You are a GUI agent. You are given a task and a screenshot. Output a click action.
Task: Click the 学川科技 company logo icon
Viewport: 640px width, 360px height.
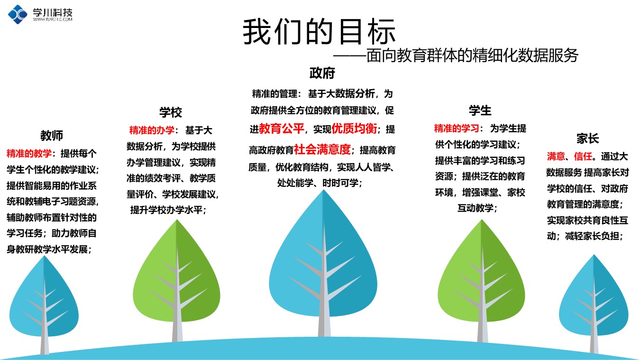[x=18, y=14]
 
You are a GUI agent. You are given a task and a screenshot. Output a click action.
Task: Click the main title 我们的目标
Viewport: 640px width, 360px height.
[x=319, y=31]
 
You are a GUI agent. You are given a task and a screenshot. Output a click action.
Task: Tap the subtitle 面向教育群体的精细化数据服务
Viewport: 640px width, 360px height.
[x=472, y=55]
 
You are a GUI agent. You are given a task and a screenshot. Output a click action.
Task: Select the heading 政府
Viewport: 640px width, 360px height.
[x=322, y=73]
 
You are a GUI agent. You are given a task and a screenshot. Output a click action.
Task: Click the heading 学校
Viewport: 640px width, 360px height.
[x=171, y=112]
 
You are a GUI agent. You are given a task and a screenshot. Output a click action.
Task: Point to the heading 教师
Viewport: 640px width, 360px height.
[x=52, y=136]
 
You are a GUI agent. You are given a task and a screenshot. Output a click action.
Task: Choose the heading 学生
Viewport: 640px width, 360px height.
[x=480, y=111]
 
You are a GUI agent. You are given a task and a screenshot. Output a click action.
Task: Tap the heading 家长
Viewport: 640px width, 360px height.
[x=587, y=138]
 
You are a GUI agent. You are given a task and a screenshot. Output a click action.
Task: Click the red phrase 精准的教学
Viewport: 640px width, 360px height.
[x=29, y=154]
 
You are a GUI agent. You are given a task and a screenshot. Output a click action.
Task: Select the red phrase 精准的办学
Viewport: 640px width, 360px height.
[x=151, y=130]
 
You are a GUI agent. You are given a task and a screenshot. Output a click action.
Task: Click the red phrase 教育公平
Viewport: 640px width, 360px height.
[x=282, y=129]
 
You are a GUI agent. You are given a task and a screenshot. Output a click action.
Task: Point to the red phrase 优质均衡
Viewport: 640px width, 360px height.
[x=354, y=129]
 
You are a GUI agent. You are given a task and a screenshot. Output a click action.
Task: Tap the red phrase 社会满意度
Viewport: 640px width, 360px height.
[x=322, y=149]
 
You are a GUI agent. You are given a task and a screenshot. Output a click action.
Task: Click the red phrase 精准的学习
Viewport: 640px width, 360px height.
[x=457, y=129]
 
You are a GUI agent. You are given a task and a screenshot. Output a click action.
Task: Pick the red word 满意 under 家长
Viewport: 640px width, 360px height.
[x=556, y=156]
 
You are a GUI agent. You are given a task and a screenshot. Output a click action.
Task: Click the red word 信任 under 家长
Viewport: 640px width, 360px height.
[x=583, y=156]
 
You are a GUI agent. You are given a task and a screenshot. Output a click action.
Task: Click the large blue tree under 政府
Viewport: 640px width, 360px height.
[x=323, y=263]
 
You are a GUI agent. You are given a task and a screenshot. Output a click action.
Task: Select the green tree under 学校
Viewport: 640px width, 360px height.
[x=177, y=280]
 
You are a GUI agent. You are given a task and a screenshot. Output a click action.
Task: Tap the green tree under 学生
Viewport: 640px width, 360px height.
[x=482, y=280]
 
